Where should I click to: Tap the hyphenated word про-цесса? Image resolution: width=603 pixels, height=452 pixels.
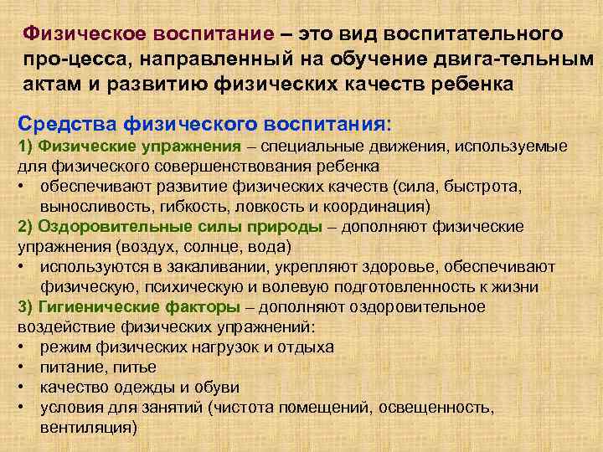[x=74, y=60]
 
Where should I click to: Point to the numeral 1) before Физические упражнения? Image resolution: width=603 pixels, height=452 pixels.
[x=26, y=147]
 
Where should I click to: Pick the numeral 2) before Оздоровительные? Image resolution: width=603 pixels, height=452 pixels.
[x=26, y=227]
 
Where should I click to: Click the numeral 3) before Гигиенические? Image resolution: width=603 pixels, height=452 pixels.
[x=26, y=306]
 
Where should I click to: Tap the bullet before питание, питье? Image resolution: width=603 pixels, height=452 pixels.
[x=23, y=367]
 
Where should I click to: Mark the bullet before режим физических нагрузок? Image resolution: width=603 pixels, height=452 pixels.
[x=23, y=347]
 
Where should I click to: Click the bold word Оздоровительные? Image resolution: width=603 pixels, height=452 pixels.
[x=101, y=227]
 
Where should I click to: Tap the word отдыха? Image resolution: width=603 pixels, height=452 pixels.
[x=307, y=347]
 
